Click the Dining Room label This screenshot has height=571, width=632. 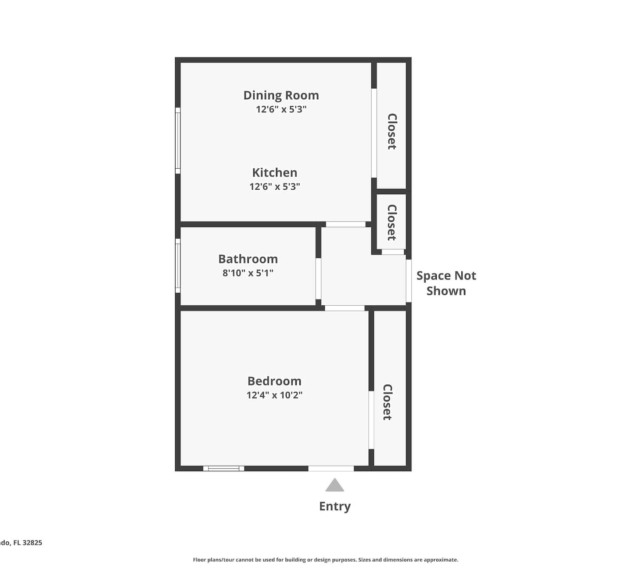(x=281, y=96)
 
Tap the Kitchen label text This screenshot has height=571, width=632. (x=275, y=173)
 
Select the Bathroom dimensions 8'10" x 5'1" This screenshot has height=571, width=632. (x=248, y=273)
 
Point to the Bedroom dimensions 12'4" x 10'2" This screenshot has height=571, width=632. (x=274, y=395)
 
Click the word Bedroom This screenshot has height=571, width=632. (x=274, y=381)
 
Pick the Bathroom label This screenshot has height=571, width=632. (x=248, y=259)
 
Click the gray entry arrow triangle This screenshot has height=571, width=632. (x=334, y=485)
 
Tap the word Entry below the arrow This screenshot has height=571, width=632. (x=335, y=506)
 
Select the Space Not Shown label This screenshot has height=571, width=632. (x=446, y=283)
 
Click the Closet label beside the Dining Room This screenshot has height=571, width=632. (x=391, y=131)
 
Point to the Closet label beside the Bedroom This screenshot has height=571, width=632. (x=387, y=402)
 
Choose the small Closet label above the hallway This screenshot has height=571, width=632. (x=391, y=223)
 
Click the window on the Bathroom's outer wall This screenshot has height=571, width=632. (x=178, y=266)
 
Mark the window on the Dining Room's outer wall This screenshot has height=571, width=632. (x=178, y=141)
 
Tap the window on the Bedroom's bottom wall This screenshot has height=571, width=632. (x=224, y=469)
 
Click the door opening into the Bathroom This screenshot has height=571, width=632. (x=318, y=279)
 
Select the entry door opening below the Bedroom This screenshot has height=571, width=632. (x=331, y=469)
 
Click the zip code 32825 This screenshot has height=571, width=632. (x=32, y=542)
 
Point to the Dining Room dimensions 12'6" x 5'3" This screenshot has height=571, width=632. (x=281, y=109)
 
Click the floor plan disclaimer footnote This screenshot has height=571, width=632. (x=326, y=560)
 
